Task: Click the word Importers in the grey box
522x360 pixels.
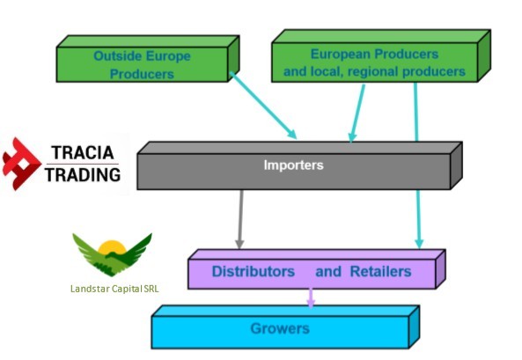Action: click(x=293, y=165)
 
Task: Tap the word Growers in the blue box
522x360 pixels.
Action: click(x=280, y=328)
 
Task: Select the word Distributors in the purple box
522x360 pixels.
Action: click(x=254, y=271)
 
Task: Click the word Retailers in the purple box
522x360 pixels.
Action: click(x=380, y=271)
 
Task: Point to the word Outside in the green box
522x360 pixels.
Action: click(x=118, y=55)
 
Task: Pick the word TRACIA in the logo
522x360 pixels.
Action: click(x=83, y=153)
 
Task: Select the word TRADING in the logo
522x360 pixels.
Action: click(x=83, y=175)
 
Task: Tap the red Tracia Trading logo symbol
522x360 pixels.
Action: click(x=20, y=164)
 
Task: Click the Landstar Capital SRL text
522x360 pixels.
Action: click(x=114, y=289)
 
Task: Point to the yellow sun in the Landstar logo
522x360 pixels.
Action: click(x=112, y=247)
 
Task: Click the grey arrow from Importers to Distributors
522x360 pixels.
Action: click(x=240, y=219)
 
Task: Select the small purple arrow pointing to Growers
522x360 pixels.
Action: click(x=311, y=298)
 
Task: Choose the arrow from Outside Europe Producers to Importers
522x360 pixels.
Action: click(x=263, y=106)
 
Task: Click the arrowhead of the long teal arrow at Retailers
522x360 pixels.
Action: click(x=419, y=244)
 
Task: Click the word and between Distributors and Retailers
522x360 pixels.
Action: click(x=328, y=271)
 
